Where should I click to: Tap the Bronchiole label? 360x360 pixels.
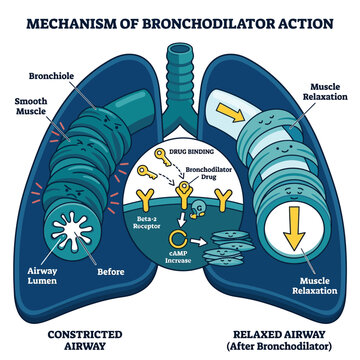51,76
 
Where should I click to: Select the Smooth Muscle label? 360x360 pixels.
30,106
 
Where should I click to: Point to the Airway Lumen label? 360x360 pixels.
42,276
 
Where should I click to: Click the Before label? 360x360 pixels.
111,272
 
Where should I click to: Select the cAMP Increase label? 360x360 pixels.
178,257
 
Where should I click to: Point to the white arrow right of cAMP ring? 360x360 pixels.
198,241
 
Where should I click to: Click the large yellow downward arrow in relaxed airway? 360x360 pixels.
295,229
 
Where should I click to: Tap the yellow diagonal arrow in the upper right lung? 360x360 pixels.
229,112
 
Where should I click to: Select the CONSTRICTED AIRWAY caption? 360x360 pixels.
85,340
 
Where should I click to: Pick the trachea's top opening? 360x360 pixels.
179,50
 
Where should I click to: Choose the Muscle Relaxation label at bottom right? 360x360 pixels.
315,286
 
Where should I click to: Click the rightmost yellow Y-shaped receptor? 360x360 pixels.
222,200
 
